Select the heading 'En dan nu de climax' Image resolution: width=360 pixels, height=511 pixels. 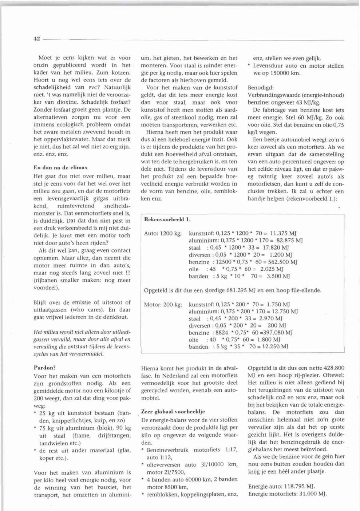pos(60,168)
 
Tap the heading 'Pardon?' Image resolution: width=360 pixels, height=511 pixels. pos(44,368)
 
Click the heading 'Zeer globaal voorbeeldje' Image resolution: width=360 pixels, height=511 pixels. pos(173,412)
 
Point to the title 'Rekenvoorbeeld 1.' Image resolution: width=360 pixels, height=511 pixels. pos(167,220)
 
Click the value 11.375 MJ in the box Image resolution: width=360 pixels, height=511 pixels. pos(285,233)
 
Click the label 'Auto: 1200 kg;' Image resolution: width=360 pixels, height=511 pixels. pos(163,233)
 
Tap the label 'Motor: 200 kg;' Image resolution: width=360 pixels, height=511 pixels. pos(163,304)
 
